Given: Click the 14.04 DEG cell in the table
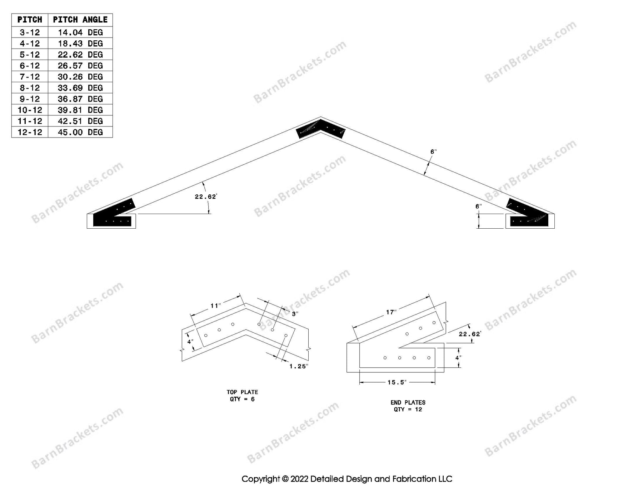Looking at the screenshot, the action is [80, 33].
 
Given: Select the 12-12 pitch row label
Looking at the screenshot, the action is [30, 132].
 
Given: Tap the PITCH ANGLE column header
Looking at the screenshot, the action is [80, 20].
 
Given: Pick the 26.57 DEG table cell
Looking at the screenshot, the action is [80, 66].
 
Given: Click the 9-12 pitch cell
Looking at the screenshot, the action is [30, 99].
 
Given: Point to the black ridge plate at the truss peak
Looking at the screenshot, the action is [320, 129].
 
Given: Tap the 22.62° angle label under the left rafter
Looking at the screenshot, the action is [206, 197].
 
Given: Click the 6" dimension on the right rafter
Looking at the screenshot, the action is [433, 152].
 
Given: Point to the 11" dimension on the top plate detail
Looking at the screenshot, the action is [216, 305].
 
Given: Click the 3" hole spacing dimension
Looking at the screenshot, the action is [295, 314].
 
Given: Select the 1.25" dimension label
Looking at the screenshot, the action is [299, 366].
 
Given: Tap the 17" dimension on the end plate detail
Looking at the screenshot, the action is [391, 312].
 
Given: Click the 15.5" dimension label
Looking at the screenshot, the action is [397, 382].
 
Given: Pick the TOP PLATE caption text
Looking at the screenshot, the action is [242, 392].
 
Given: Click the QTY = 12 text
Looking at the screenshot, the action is [408, 409].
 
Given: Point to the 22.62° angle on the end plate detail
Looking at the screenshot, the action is [470, 334].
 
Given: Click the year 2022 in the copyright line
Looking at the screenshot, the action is [299, 479].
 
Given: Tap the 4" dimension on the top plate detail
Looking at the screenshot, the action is [190, 342].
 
